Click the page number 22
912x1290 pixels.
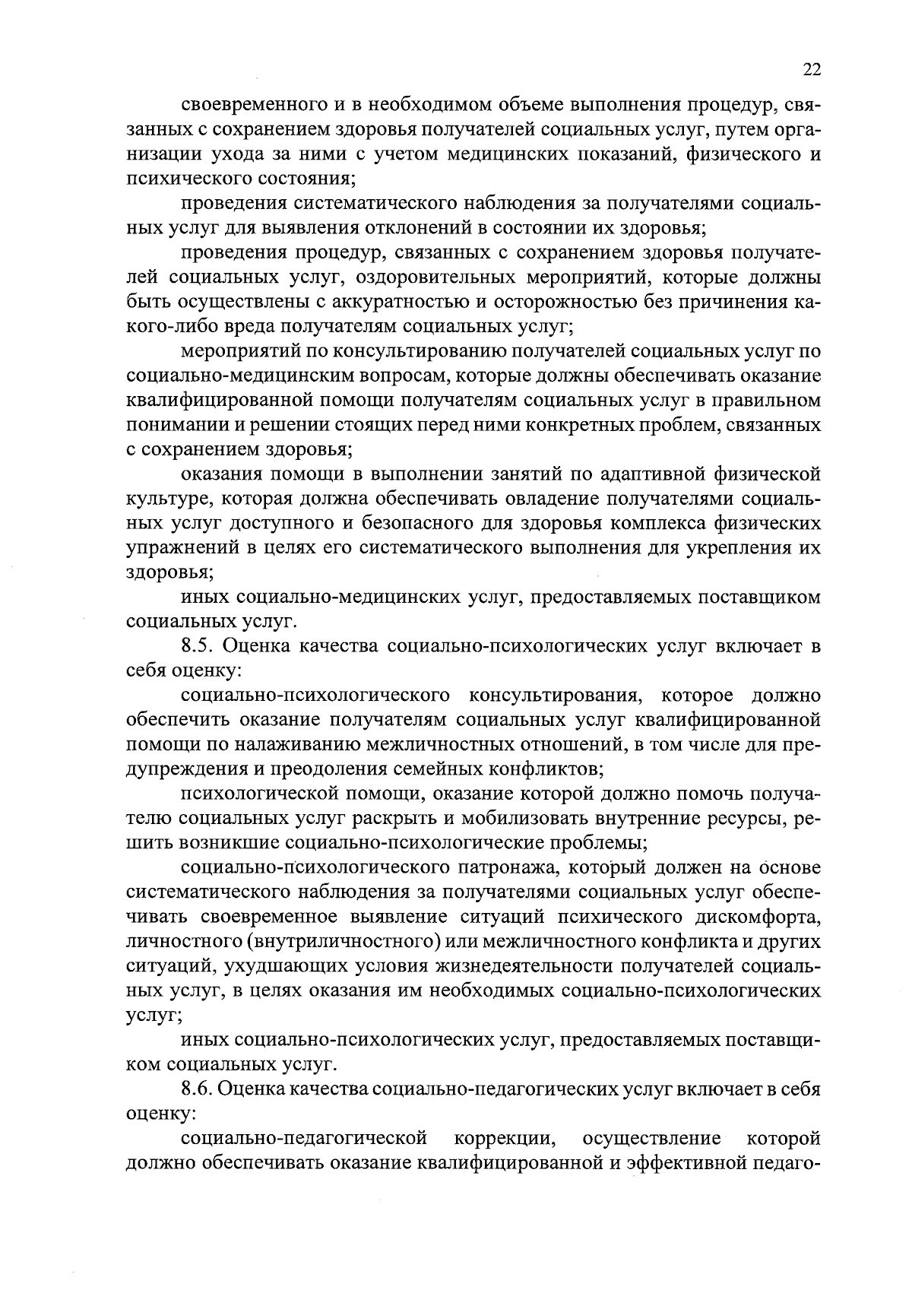click(811, 69)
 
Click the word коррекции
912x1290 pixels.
click(503, 1138)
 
